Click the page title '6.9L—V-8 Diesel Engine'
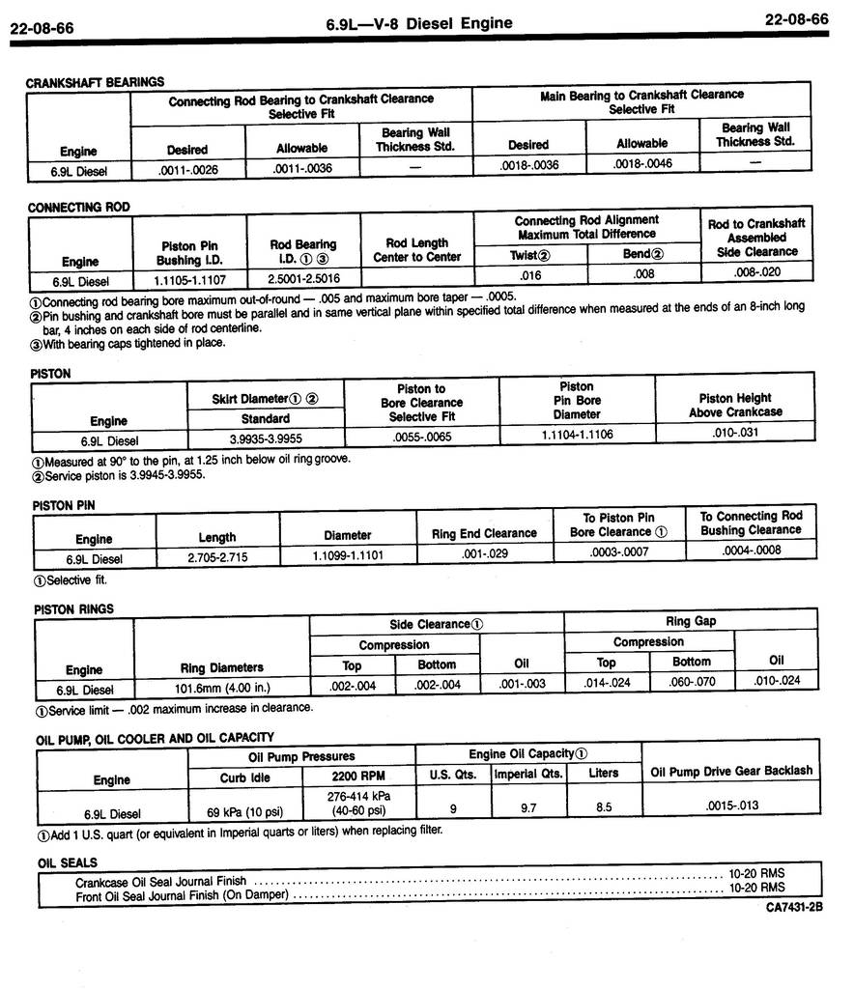point(419,23)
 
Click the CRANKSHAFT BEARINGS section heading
point(95,82)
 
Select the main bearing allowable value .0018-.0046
point(642,164)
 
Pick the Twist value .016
point(529,275)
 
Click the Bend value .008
point(643,274)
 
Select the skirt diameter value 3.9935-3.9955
point(265,439)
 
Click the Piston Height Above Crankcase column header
point(735,405)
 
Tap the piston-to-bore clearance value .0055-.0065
point(421,438)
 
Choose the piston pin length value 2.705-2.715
point(217,557)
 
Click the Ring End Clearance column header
point(484,533)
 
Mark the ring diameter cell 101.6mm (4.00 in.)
point(221,690)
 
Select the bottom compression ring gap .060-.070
point(691,682)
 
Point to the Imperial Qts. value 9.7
point(528,807)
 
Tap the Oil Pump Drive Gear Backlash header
point(731,771)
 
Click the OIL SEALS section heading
point(68,862)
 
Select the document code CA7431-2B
point(794,908)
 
